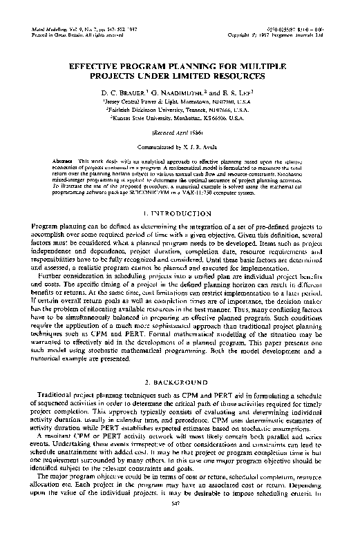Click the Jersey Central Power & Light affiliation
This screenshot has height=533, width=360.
(181, 101)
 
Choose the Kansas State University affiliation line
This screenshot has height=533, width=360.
(181, 119)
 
